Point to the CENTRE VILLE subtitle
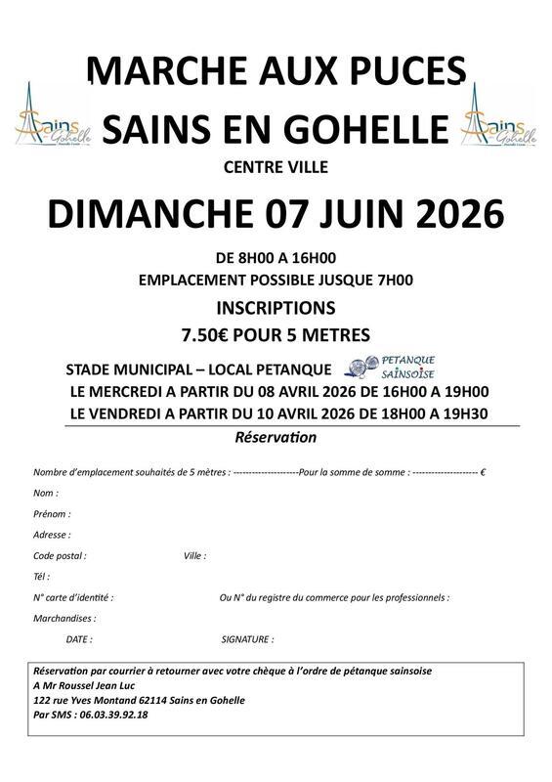pos(276,167)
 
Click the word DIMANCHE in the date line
pos(152,211)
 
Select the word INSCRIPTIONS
pos(276,307)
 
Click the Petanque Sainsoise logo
pos(392,368)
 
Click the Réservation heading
pos(276,437)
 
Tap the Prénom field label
pos(52,513)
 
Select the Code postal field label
pos(60,555)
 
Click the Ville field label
pos(194,555)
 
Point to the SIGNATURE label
pos(247,639)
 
